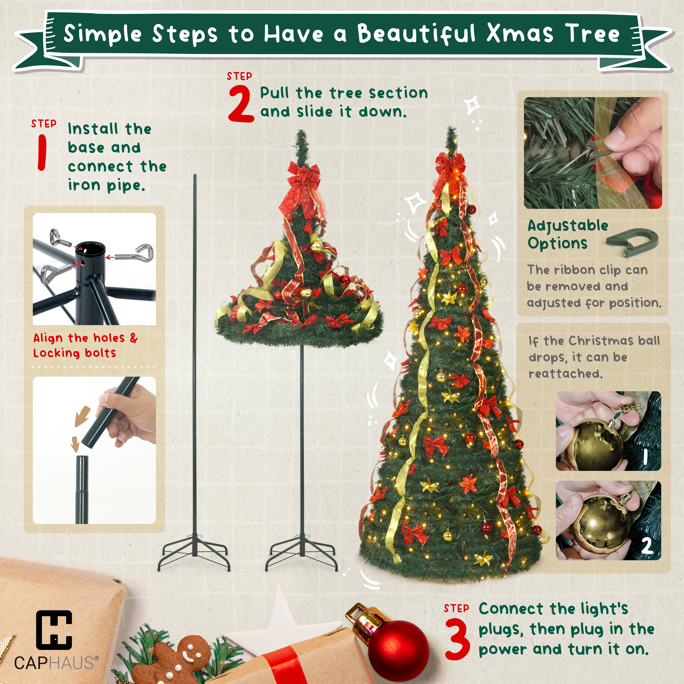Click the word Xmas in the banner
(x=519, y=34)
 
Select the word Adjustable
(x=568, y=226)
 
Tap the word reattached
(x=565, y=373)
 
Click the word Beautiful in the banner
(x=416, y=34)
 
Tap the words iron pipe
(x=106, y=186)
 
